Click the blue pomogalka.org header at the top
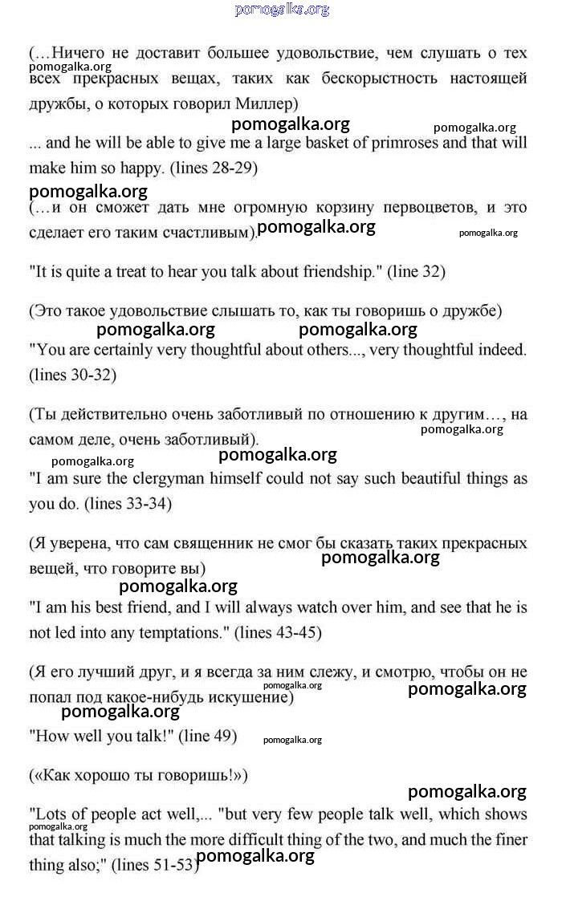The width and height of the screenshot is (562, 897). point(282,10)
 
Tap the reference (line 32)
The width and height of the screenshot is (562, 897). point(416,271)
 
